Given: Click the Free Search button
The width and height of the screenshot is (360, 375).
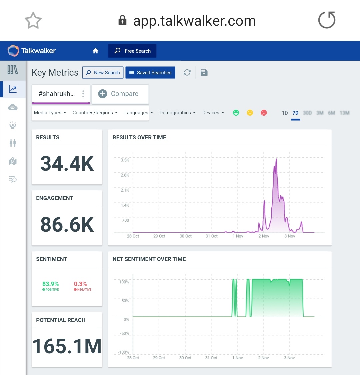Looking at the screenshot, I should pos(132,51).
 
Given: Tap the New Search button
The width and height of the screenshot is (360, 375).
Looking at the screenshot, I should pos(103,73).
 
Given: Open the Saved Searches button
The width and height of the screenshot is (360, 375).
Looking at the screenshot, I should pos(150,73).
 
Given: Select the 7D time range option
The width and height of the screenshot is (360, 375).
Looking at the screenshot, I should pos(295,113).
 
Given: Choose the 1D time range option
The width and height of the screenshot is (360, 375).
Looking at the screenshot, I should pos(285,113).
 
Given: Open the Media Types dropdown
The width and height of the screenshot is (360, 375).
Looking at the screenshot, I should pos(50,113).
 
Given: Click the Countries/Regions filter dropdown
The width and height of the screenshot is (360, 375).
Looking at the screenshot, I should pos(95,113).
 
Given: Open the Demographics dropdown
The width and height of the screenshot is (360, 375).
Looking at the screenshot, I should pos(177,113).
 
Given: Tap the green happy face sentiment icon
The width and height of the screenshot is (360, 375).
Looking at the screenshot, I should pos(236,113).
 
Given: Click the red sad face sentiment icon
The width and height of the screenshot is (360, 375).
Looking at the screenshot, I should pos(264,113).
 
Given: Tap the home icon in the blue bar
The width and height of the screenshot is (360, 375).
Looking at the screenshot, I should pos(95,51).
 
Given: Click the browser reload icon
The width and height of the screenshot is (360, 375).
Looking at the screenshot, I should pos(327,20).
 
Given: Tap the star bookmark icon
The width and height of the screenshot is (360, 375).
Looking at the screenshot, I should pos(33,20).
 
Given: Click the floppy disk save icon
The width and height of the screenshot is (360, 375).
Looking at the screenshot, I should pos(204,72).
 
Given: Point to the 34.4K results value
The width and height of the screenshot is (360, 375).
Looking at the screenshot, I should pos(67,164).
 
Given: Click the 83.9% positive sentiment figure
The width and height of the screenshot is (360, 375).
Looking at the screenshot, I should pos(50,284).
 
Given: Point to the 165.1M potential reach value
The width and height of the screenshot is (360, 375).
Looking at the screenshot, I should pos(67,346).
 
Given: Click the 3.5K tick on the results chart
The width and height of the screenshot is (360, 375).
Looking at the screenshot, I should pos(125,160).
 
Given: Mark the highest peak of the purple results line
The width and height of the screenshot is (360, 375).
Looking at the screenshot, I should pos(276,159).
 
